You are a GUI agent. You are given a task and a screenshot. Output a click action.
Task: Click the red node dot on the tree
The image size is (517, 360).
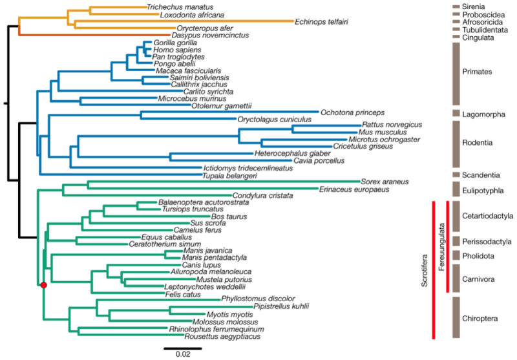(43, 284)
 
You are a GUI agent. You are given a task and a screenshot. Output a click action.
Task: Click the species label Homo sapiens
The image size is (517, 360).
(176, 50)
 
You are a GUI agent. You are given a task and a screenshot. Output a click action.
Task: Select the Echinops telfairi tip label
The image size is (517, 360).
(323, 21)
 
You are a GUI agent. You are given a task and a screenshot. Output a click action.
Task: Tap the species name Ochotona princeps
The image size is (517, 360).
(348, 112)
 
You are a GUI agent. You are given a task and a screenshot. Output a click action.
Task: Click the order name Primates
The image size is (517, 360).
(478, 72)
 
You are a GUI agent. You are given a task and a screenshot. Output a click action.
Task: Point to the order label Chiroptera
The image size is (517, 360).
(481, 318)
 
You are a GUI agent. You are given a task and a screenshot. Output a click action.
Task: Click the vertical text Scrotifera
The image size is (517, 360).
(425, 268)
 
